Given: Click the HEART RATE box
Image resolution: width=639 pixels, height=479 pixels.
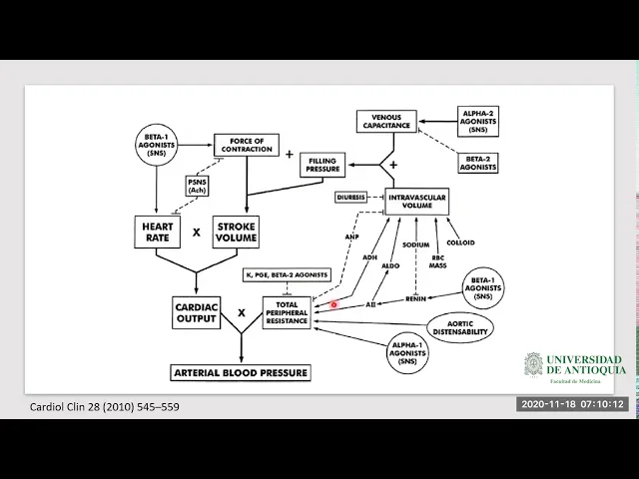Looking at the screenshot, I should [157, 232].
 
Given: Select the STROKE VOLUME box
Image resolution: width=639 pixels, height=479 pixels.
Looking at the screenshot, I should [237, 232].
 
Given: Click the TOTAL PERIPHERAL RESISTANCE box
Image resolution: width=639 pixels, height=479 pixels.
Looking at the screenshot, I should [288, 312].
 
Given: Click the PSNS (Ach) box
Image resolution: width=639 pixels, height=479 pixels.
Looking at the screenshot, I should [198, 186].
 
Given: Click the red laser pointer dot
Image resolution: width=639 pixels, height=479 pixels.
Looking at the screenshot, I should [334, 304].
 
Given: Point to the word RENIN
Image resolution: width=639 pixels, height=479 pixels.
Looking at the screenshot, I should [417, 297].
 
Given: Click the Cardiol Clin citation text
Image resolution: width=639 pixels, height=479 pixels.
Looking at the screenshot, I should [105, 406].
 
